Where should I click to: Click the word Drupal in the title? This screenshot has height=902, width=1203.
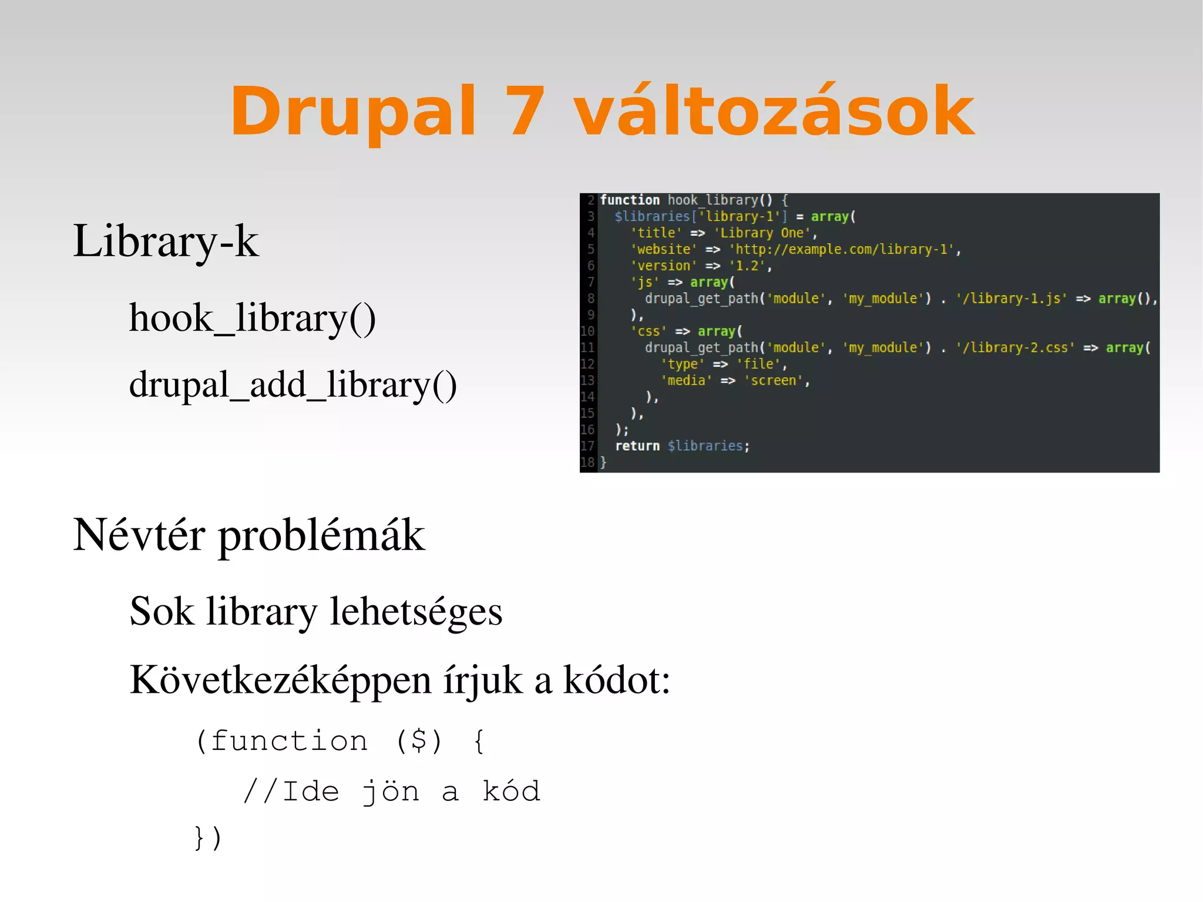[352, 112]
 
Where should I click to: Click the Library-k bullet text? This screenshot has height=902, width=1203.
[165, 241]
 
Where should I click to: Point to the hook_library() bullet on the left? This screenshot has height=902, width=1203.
[252, 318]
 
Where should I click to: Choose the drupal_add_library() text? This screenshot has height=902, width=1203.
[293, 385]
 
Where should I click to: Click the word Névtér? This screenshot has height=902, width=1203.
[139, 535]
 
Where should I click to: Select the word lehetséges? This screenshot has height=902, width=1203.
[416, 611]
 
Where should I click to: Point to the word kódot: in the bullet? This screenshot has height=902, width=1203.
[616, 680]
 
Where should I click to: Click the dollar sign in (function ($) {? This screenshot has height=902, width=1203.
[418, 740]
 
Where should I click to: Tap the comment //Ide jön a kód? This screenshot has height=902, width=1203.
[391, 792]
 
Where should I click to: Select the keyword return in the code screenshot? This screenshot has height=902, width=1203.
[637, 446]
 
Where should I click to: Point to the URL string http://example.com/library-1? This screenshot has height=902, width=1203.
[841, 250]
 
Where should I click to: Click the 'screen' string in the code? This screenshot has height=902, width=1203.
[774, 381]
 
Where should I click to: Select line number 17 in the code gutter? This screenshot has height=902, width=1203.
[587, 446]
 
